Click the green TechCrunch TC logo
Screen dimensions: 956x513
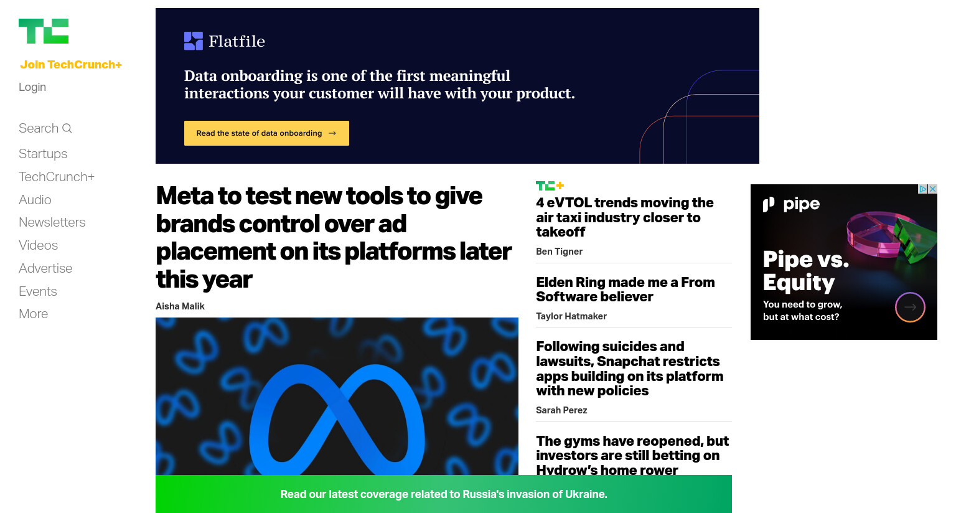pyautogui.click(x=44, y=31)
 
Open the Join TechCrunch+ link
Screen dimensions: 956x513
pyautogui.click(x=71, y=65)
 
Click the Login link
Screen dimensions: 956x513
pyautogui.click(x=32, y=87)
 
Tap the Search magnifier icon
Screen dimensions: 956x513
pyautogui.click(x=67, y=128)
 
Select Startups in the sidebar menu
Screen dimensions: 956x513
pyautogui.click(x=43, y=154)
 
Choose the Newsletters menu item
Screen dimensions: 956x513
pyautogui.click(x=52, y=222)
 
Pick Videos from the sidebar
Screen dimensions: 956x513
pyautogui.click(x=39, y=245)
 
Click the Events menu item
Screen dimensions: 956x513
pyautogui.click(x=38, y=291)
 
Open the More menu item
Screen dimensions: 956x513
pyautogui.click(x=33, y=314)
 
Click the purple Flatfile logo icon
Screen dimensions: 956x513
pyautogui.click(x=194, y=41)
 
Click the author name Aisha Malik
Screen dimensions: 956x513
pyautogui.click(x=180, y=306)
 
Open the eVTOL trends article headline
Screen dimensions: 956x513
pyautogui.click(x=625, y=217)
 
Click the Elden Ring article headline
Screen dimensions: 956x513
pyautogui.click(x=626, y=289)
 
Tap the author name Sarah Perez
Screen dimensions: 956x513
pyautogui.click(x=561, y=410)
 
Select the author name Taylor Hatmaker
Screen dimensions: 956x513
pyautogui.click(x=571, y=316)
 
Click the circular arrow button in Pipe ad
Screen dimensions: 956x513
pyautogui.click(x=910, y=307)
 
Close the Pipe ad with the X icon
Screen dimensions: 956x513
pyautogui.click(x=933, y=189)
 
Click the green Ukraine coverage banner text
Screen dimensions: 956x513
pyautogui.click(x=444, y=494)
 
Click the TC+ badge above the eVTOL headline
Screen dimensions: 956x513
pyautogui.click(x=550, y=186)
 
